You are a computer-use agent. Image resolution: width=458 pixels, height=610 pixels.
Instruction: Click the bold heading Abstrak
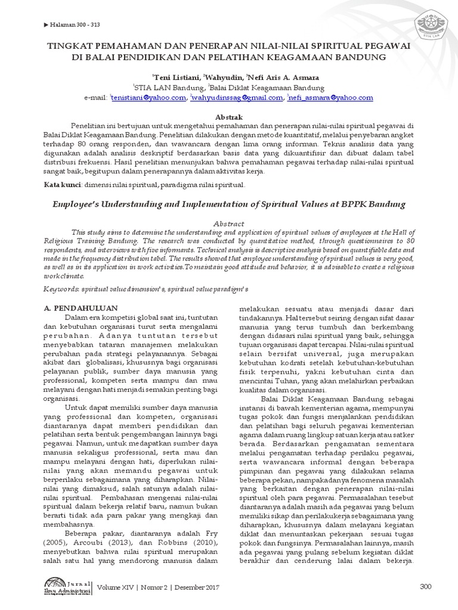(x=229, y=116)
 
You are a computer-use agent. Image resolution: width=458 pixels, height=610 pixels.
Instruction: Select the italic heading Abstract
(x=229, y=222)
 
